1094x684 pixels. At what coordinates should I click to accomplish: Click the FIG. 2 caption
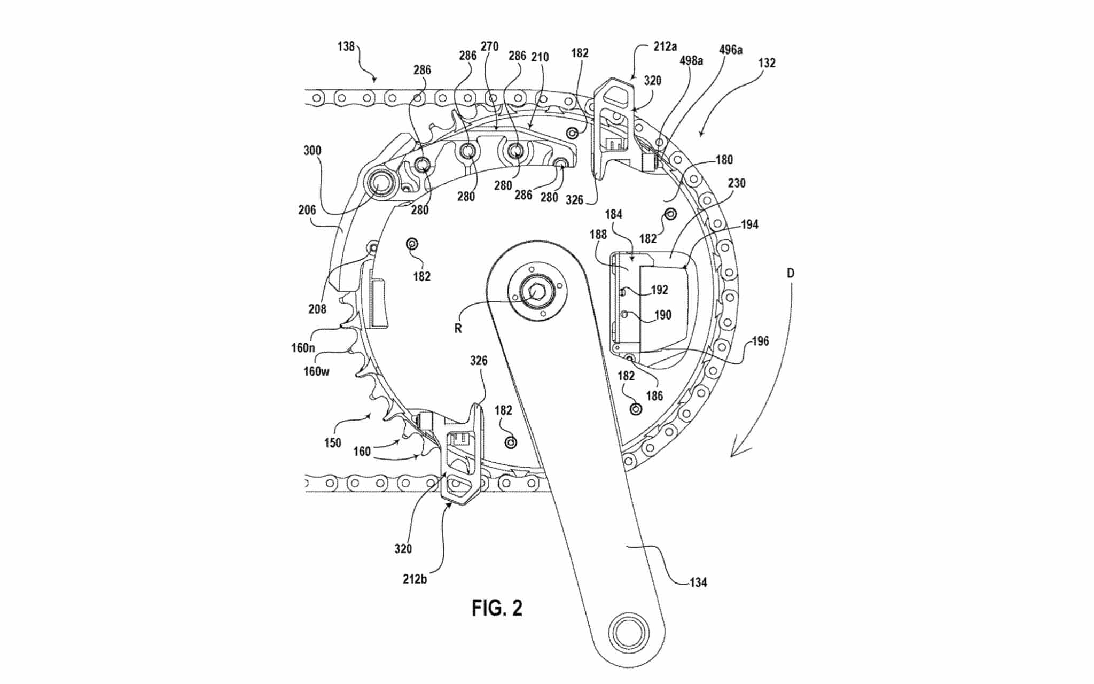pyautogui.click(x=497, y=608)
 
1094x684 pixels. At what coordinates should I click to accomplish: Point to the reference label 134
pyautogui.click(x=698, y=582)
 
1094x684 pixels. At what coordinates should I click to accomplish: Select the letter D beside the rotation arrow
pyautogui.click(x=791, y=274)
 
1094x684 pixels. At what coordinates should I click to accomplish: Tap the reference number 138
pyautogui.click(x=346, y=46)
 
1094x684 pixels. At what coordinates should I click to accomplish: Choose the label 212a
pyautogui.click(x=665, y=46)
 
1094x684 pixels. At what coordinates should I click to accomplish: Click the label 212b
pyautogui.click(x=415, y=578)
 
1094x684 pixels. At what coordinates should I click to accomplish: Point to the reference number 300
pyautogui.click(x=312, y=151)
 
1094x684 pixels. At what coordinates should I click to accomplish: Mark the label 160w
pyautogui.click(x=316, y=371)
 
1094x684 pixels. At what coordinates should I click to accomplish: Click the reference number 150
pyautogui.click(x=332, y=442)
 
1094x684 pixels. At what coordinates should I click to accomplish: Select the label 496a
pyautogui.click(x=731, y=50)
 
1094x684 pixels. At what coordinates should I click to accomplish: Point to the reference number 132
pyautogui.click(x=766, y=63)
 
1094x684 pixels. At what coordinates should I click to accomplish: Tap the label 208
pyautogui.click(x=317, y=309)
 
